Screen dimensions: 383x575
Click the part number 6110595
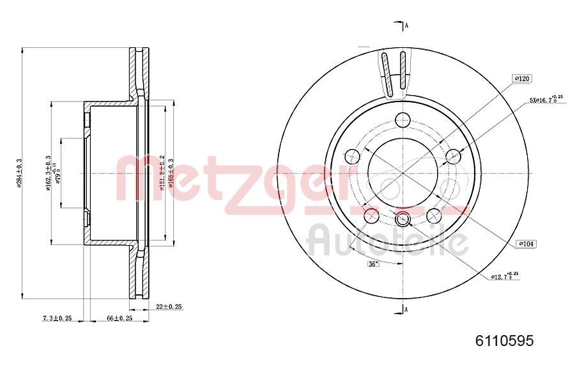tap(504, 341)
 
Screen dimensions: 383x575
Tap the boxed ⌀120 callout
tap(522, 78)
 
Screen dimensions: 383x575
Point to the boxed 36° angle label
tap(373, 264)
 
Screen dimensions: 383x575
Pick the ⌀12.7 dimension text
tap(503, 276)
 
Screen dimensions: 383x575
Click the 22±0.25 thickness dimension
tap(169, 306)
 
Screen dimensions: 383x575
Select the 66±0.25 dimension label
tap(119, 318)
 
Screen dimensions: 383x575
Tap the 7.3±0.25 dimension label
tap(57, 318)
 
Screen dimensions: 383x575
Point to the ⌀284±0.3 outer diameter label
tap(20, 174)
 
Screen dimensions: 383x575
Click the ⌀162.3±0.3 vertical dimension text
tap(48, 174)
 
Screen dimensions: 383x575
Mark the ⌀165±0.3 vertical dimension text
tap(171, 174)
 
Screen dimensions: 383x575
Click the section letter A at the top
tap(406, 26)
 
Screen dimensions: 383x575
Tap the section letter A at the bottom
tap(406, 310)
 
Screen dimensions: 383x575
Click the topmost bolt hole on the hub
tap(402, 119)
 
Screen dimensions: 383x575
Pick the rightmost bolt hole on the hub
tap(454, 156)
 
